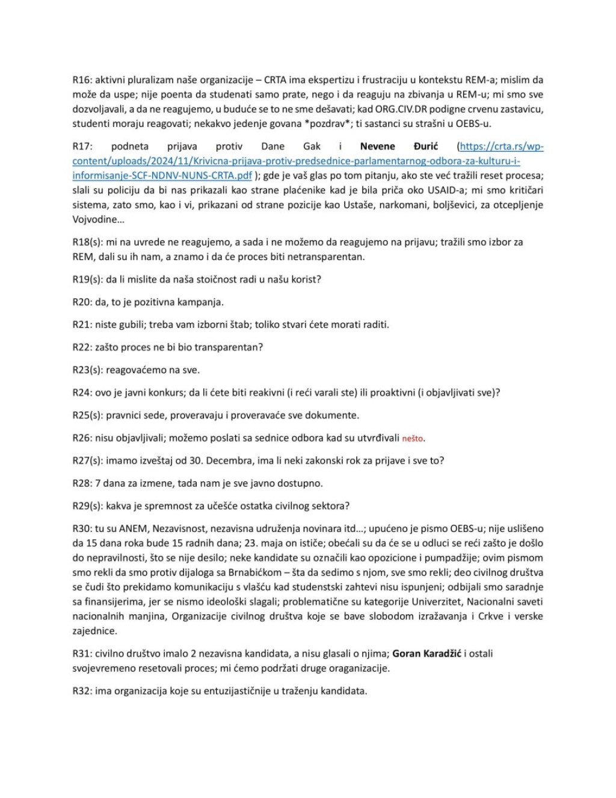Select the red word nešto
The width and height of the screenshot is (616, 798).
coord(413,439)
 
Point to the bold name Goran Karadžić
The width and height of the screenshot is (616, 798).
coord(427,654)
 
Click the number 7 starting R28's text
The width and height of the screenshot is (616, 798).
coord(97,483)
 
